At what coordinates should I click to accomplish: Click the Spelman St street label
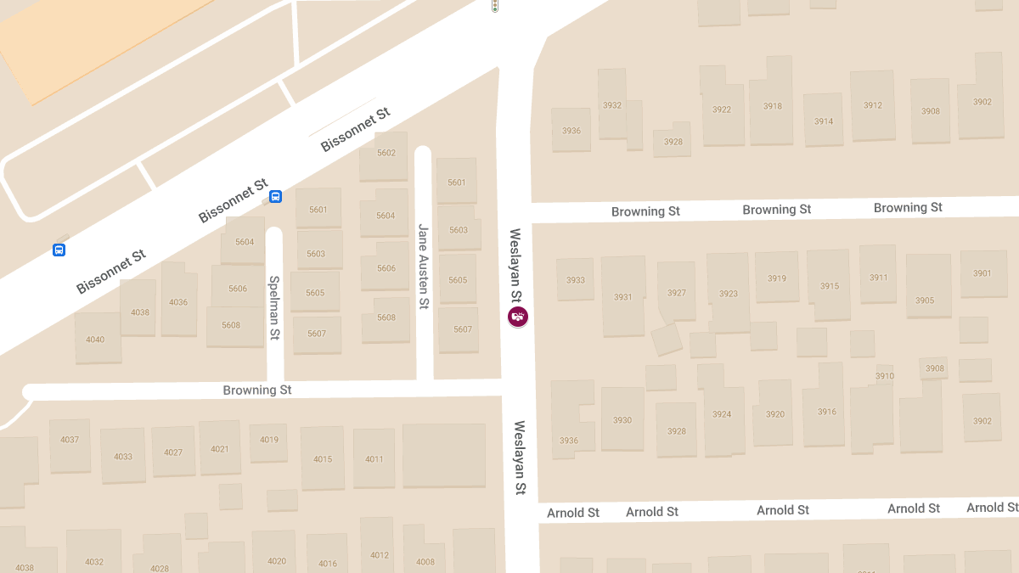(274, 307)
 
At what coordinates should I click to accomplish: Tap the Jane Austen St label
(423, 265)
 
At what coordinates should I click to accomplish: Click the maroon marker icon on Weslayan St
(517, 317)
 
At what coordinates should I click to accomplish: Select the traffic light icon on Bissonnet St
(494, 6)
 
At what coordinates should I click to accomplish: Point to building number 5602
(386, 154)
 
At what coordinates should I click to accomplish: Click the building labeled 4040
(95, 340)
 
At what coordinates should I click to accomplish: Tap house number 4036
(178, 302)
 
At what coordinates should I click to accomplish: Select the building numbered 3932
(611, 106)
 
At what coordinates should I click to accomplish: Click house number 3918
(772, 107)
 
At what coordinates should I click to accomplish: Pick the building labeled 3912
(872, 106)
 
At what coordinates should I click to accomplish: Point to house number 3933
(575, 280)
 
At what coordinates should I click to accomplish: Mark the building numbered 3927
(676, 293)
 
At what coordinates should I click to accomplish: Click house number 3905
(925, 301)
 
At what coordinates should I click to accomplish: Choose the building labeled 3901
(982, 273)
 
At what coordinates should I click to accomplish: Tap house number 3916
(826, 412)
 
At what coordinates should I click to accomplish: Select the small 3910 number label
(884, 376)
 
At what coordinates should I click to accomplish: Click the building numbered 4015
(323, 459)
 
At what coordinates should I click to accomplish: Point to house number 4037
(70, 440)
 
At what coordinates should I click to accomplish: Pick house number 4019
(269, 440)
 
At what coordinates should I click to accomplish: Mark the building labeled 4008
(425, 561)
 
